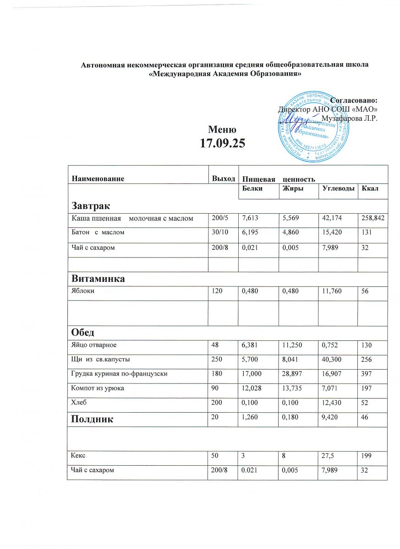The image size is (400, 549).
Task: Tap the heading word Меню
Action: tap(223, 129)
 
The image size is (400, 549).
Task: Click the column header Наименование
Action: tap(98, 178)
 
